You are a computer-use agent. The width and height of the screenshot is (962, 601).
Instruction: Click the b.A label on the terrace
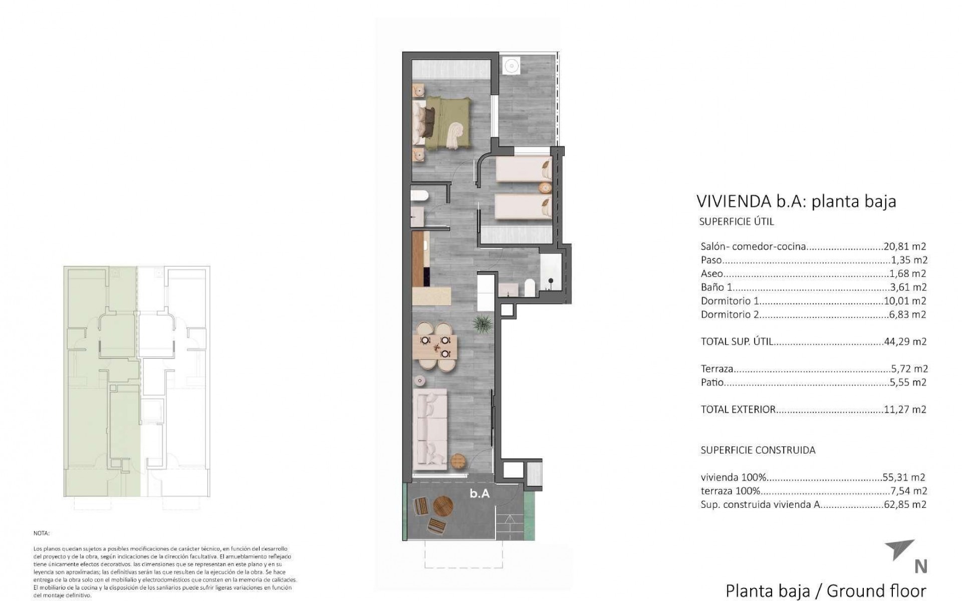pyautogui.click(x=479, y=494)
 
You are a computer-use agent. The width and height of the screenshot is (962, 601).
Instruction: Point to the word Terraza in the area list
pyautogui.click(x=717, y=369)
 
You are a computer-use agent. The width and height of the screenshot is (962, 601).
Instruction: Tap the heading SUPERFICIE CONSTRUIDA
pyautogui.click(x=758, y=450)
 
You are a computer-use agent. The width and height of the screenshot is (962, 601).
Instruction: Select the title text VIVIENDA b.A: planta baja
pyautogui.click(x=796, y=201)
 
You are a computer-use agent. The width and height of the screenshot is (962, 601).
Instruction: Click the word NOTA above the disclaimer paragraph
pyautogui.click(x=42, y=534)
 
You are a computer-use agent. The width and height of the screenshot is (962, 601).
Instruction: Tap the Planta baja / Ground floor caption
pyautogui.click(x=826, y=591)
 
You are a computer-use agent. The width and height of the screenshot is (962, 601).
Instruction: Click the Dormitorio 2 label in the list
pyautogui.click(x=730, y=315)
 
